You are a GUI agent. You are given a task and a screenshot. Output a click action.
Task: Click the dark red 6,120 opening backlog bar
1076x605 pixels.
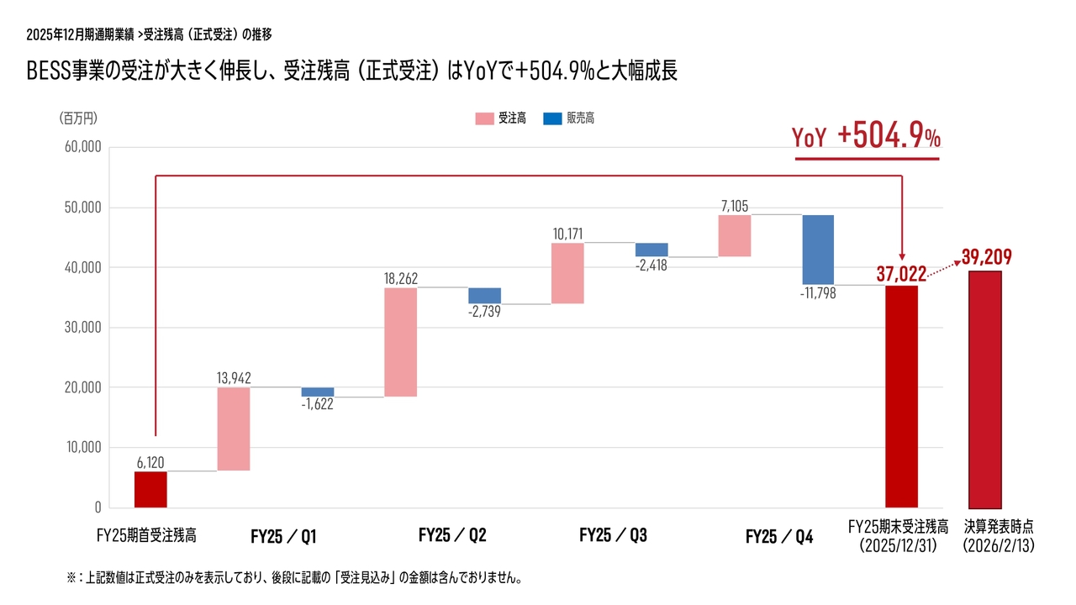coord(150,489)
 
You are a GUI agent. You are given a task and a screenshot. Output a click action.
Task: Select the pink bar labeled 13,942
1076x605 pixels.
coord(234,429)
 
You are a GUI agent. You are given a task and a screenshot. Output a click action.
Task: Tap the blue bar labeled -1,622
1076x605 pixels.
coord(318,392)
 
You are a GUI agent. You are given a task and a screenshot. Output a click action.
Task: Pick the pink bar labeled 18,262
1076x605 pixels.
coord(400,342)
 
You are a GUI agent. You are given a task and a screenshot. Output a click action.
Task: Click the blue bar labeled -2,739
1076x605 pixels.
coord(484,296)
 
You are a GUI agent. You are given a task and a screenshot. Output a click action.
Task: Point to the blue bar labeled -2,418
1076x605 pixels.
coord(651,250)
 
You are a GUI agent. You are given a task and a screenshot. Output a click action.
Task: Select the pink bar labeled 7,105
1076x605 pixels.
coord(735,235)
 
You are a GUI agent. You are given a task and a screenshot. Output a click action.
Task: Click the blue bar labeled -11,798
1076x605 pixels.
coord(818,250)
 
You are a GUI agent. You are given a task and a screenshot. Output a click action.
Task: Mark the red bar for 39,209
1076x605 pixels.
coord(984,390)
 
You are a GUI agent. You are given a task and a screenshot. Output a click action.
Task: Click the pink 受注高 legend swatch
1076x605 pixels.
coord(484,119)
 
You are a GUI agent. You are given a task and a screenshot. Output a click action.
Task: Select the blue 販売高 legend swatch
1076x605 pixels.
coord(552,119)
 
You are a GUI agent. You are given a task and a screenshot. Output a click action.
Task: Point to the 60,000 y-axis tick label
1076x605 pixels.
coord(82,147)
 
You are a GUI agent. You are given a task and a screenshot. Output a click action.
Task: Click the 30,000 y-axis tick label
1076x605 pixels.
coord(82,328)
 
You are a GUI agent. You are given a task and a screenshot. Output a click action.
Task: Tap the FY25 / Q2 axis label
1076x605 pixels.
coord(452,536)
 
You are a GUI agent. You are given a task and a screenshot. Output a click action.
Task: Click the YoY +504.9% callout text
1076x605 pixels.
coord(867,137)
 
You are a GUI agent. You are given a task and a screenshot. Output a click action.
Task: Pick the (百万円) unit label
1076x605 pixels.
coord(79,118)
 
